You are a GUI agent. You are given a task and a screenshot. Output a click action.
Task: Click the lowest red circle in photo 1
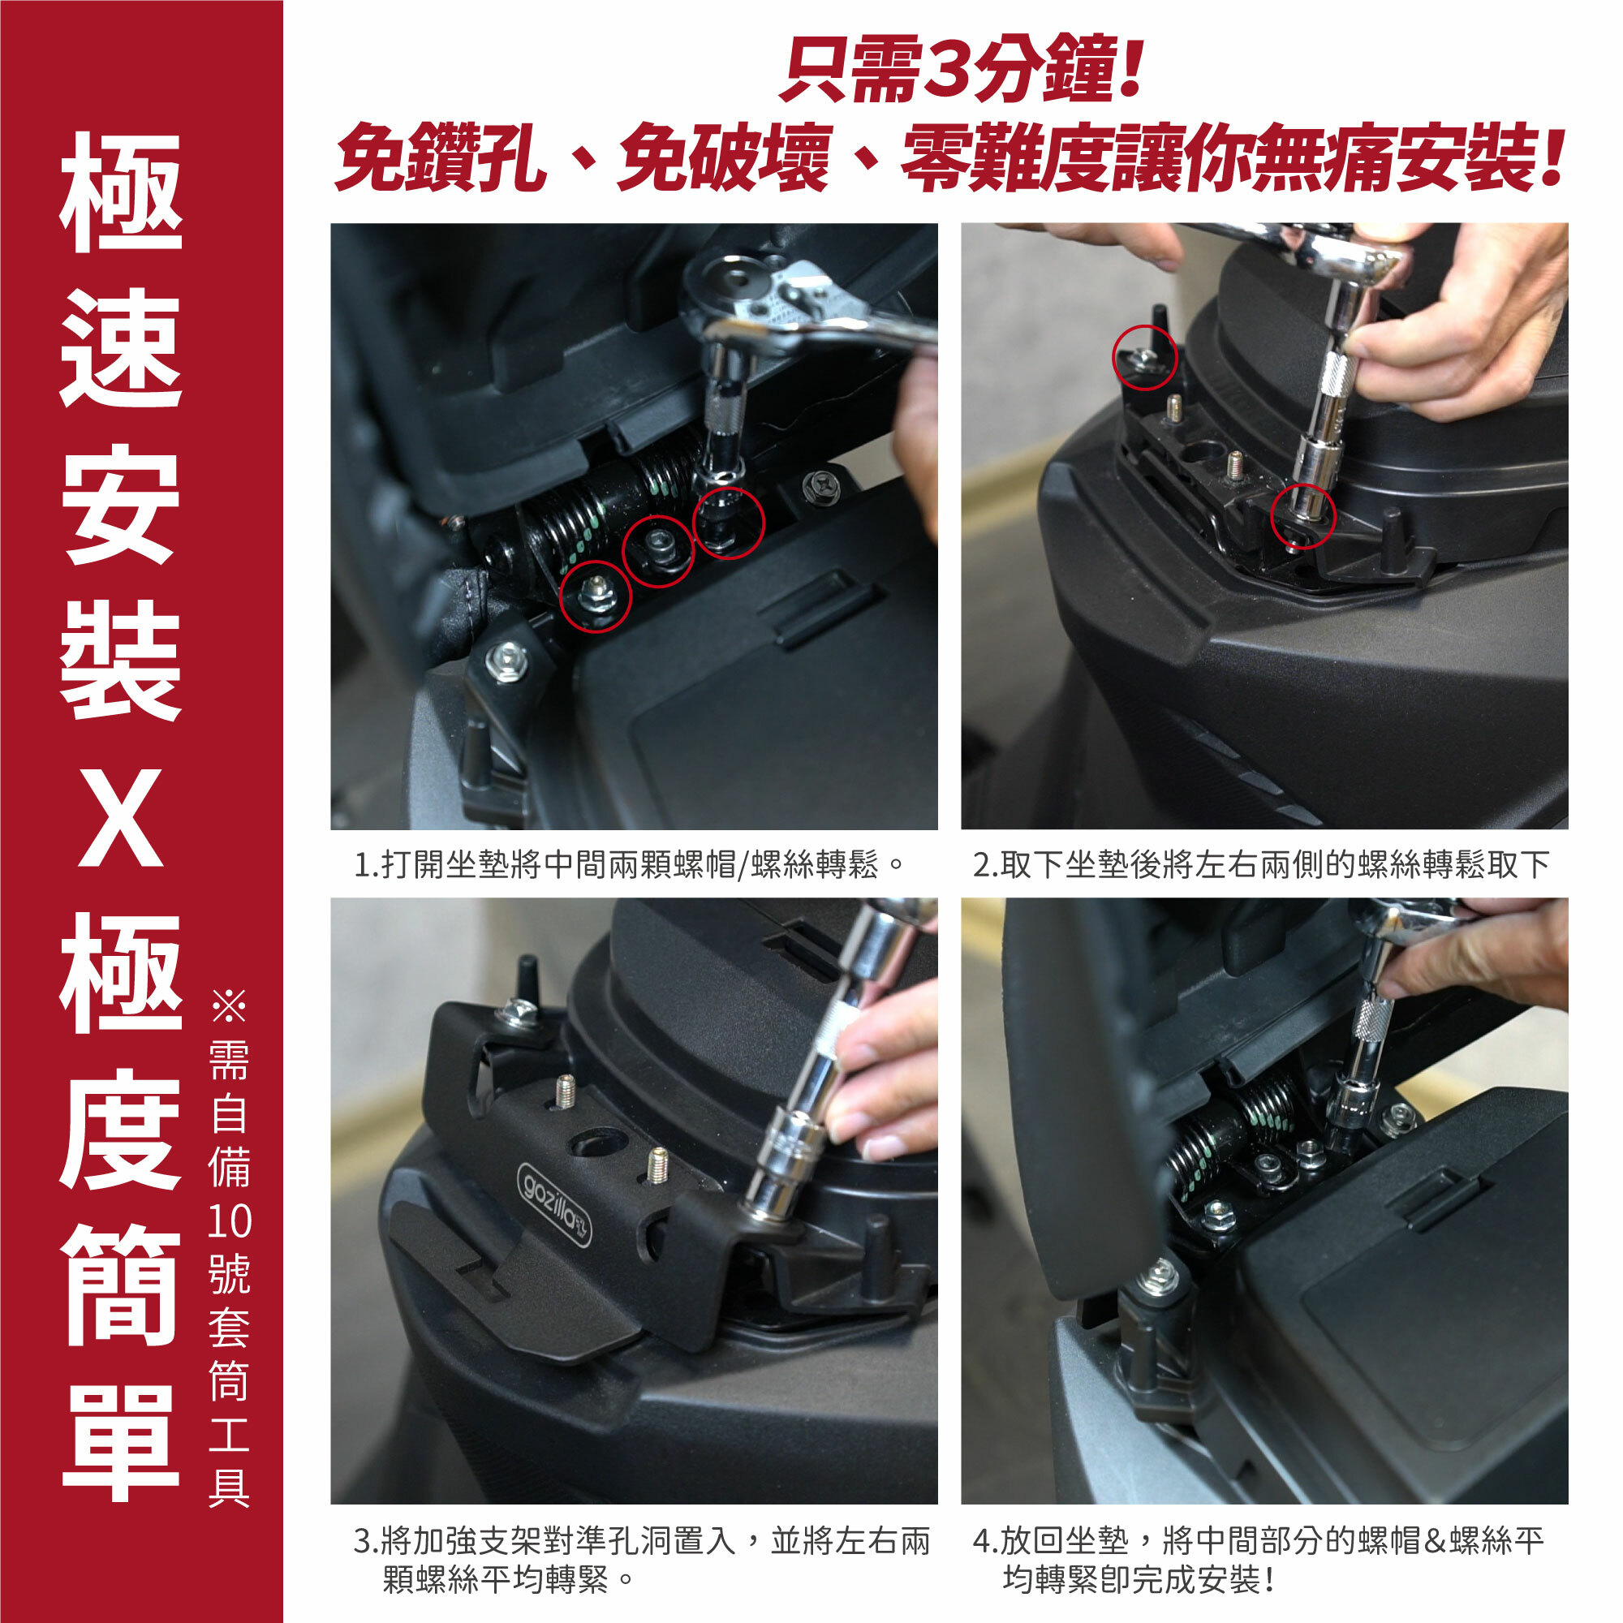[x=595, y=596]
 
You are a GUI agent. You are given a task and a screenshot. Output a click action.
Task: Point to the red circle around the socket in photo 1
[x=729, y=523]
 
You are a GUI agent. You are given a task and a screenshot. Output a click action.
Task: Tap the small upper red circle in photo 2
[x=1145, y=357]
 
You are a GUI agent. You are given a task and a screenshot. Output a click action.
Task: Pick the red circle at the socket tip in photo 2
[x=1302, y=517]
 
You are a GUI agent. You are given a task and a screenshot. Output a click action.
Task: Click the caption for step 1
[x=629, y=864]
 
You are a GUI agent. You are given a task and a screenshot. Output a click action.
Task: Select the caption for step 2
[x=1261, y=864]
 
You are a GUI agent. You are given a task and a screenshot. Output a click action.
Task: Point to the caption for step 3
[x=642, y=1561]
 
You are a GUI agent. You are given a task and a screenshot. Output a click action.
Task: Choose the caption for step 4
[x=1258, y=1561]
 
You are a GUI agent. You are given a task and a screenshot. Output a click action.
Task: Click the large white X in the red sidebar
[x=121, y=819]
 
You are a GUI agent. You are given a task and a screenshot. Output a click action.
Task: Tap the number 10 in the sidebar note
[x=229, y=1221]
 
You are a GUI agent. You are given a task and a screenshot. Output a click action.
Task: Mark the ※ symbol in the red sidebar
[x=229, y=1005]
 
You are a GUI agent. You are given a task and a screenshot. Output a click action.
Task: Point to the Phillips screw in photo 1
[x=817, y=484]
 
